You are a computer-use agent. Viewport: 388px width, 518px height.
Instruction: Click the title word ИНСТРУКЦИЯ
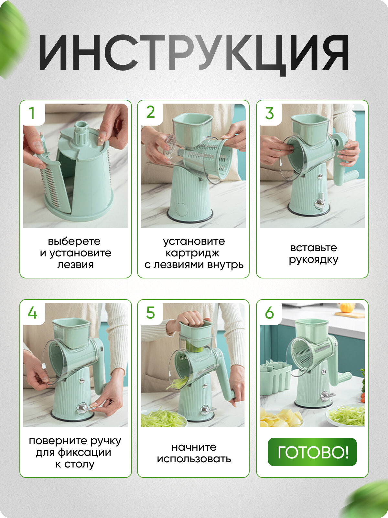point(194,53)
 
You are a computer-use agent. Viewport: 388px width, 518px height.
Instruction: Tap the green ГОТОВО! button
point(312,452)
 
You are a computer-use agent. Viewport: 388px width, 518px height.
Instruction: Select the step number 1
point(32,113)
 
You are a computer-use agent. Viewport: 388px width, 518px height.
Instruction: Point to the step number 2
point(151,112)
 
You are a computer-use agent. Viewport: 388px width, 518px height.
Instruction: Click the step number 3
point(270,113)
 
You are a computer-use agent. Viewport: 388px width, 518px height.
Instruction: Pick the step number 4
point(33,313)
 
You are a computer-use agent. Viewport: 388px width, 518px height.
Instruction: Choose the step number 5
point(151,313)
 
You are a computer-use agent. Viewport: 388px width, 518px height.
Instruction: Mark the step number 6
point(270,313)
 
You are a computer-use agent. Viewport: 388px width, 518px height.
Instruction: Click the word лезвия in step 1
point(75,265)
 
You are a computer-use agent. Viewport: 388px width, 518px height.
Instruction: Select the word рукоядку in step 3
point(314,260)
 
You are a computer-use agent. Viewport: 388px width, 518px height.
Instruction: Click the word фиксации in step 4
point(84,453)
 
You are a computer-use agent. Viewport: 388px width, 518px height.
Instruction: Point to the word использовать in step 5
point(194,459)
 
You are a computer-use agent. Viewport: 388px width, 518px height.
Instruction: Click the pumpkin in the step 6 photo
point(347,308)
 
